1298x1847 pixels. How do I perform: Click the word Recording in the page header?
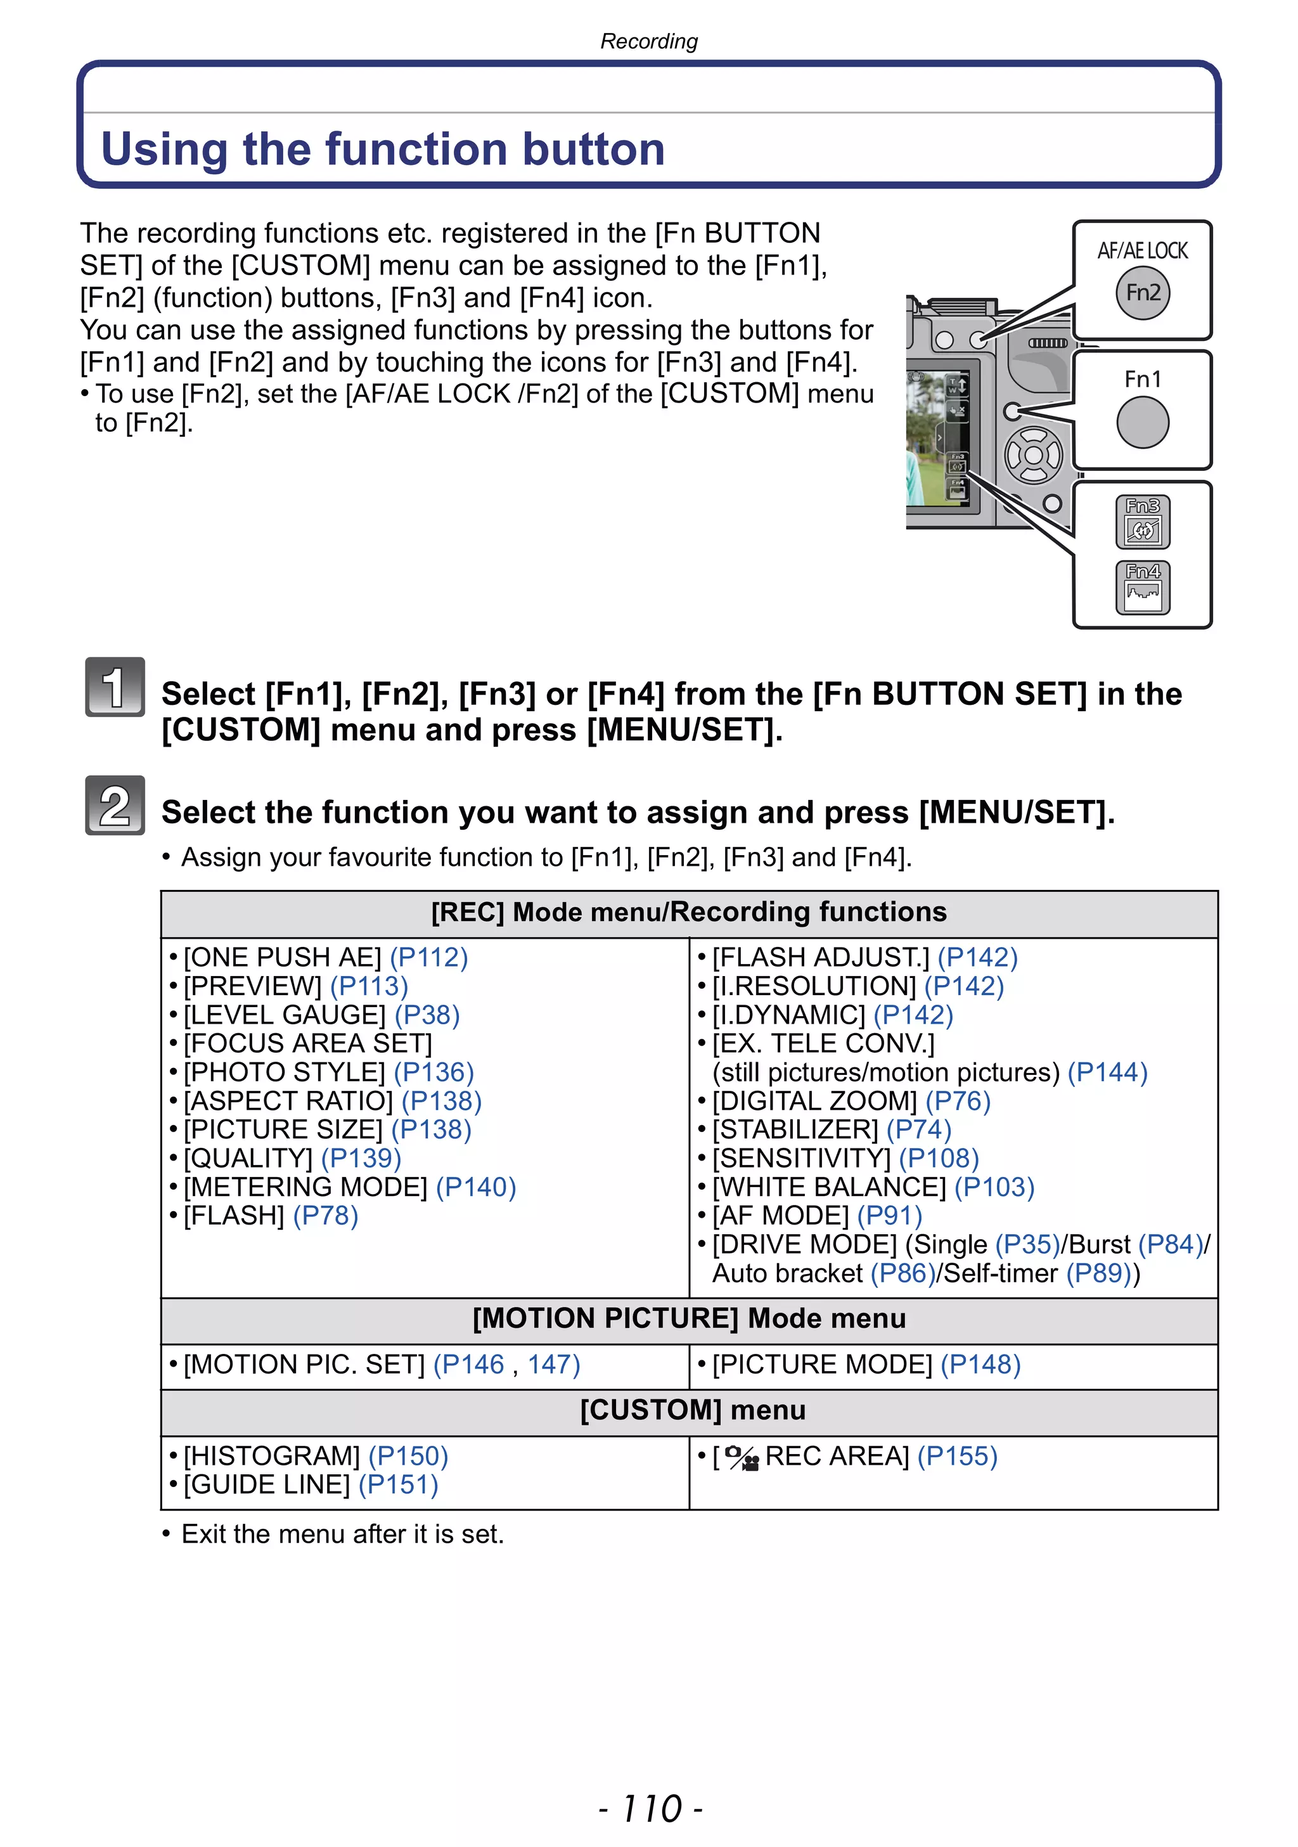(648, 41)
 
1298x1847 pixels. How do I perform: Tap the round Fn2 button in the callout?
(1142, 293)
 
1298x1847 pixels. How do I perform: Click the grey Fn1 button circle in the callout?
(1142, 422)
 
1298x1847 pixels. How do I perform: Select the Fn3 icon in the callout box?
(1143, 522)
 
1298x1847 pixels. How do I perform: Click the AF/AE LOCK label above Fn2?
(1142, 251)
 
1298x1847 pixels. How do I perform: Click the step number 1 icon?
(115, 687)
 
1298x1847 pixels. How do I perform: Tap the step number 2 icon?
(115, 805)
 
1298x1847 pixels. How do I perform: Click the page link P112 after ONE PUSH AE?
(428, 957)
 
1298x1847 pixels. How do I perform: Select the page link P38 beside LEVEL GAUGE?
(427, 1015)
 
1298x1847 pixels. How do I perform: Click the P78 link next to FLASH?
(325, 1216)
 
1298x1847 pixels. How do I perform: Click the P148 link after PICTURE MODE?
(980, 1365)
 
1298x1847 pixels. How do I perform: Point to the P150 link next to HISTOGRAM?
(408, 1456)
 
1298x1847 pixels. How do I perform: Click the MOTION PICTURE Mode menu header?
(688, 1318)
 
